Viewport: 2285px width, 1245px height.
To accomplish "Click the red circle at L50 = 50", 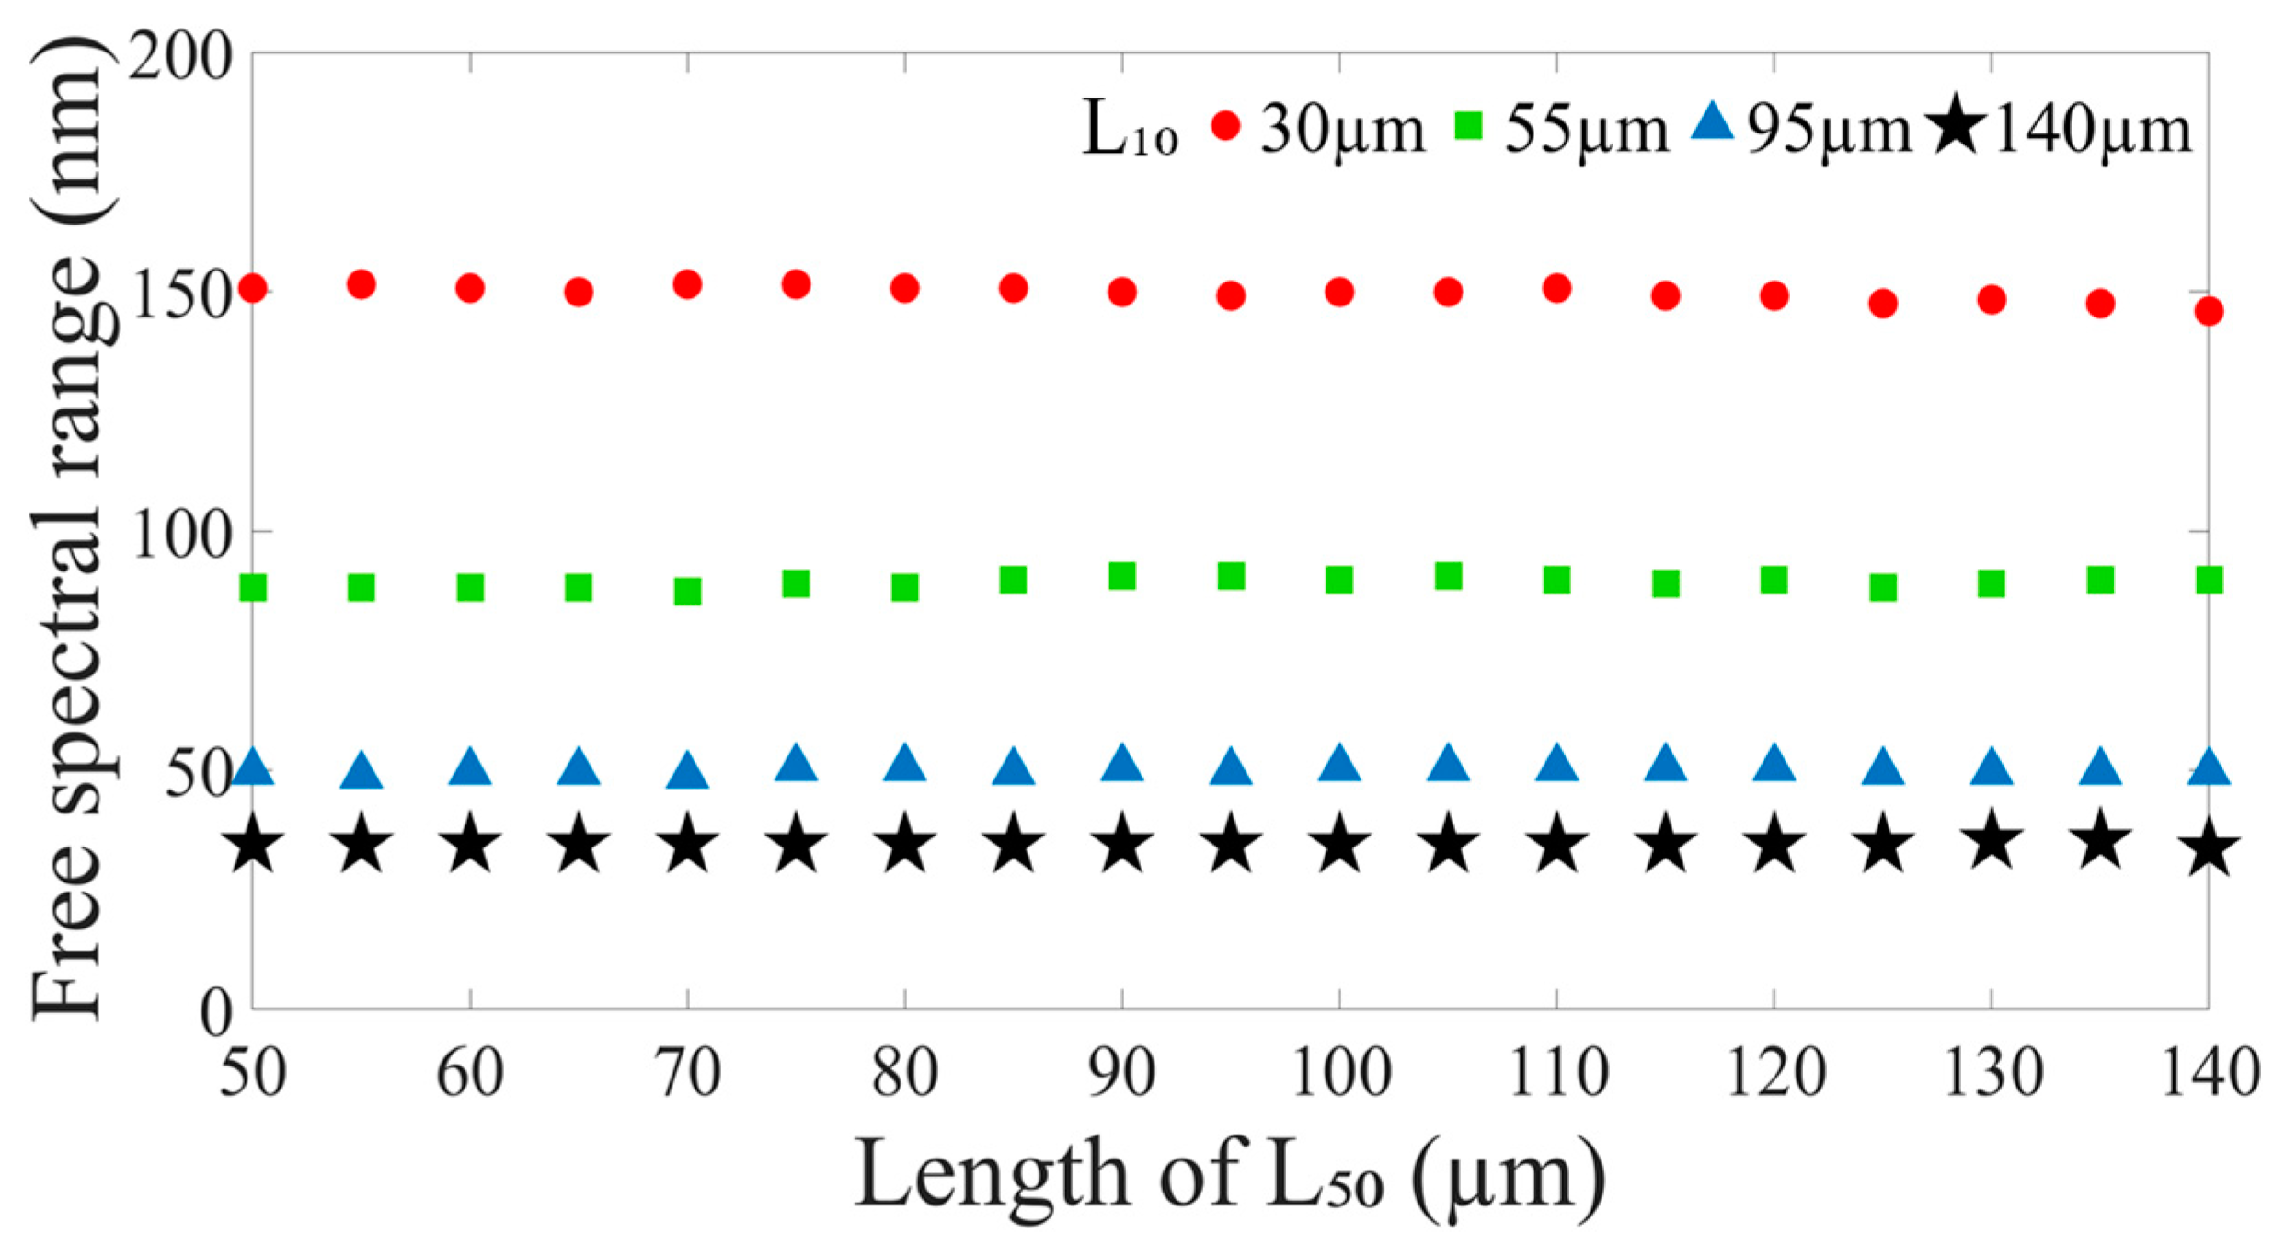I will [253, 289].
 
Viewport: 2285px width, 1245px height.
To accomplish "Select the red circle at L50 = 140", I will [2209, 311].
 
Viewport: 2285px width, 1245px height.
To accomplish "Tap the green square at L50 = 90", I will [1122, 577].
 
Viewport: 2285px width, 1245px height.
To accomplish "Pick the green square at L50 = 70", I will [687, 591].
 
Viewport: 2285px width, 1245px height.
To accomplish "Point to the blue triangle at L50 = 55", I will [362, 771].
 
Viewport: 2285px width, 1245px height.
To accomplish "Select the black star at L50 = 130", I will [1992, 840].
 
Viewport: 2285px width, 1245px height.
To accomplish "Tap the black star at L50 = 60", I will [470, 844].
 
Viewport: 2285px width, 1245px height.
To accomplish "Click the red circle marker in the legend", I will [1226, 126].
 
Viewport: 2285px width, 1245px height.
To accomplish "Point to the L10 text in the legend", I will [1129, 132].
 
